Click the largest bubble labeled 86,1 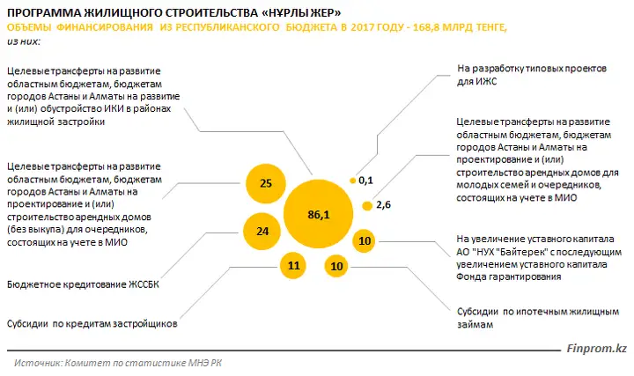point(318,214)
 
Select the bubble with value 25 point(266,183)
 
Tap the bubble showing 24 point(262,232)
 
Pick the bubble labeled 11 point(293,266)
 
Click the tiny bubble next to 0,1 point(352,181)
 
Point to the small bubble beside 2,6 point(367,206)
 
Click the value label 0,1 point(365,181)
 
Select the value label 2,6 point(383,205)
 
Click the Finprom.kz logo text point(596,349)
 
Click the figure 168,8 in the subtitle point(426,27)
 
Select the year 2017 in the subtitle point(362,27)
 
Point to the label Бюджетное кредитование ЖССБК point(83,284)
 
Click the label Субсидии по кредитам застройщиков point(92,324)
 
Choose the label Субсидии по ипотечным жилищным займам point(538,318)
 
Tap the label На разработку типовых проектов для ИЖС point(532,75)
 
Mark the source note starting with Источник point(118,363)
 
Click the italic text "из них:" point(24,41)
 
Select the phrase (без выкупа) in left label point(35,230)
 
